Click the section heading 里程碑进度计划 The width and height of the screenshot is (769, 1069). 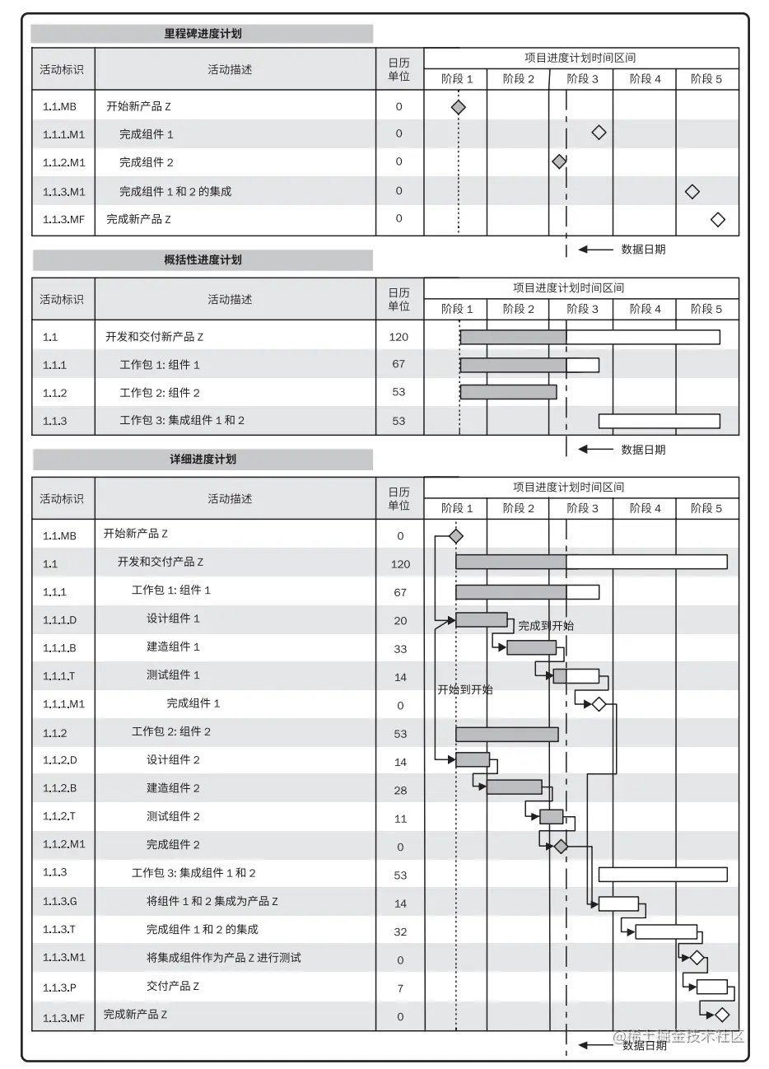[x=203, y=34]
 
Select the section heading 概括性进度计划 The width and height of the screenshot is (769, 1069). [x=203, y=259]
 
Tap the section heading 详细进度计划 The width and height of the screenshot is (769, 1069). [x=203, y=459]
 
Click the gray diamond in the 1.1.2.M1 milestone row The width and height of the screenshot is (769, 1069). [x=559, y=161]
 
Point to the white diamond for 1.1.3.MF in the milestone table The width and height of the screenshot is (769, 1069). [x=717, y=219]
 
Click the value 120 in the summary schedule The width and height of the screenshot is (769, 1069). [x=398, y=337]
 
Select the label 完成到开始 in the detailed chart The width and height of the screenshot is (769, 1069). [x=546, y=626]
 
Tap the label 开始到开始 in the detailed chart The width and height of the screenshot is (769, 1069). [x=465, y=689]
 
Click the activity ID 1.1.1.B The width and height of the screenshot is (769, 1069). [x=59, y=648]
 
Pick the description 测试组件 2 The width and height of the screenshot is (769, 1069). [x=173, y=816]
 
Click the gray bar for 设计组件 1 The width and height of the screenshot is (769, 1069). [x=482, y=620]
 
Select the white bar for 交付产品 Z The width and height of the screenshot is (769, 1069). [x=712, y=987]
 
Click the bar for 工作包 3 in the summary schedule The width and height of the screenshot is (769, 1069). [x=659, y=421]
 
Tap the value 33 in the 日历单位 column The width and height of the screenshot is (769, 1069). [x=400, y=649]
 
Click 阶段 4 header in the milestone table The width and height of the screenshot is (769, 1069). [x=645, y=79]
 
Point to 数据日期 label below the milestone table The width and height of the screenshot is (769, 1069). [x=643, y=249]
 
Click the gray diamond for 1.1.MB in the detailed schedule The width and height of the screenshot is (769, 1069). [x=455, y=536]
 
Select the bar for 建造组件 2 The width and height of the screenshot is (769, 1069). [x=514, y=787]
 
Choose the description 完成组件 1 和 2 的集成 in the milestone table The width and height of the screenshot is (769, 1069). [x=175, y=191]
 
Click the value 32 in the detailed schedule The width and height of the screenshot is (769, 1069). [x=400, y=931]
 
